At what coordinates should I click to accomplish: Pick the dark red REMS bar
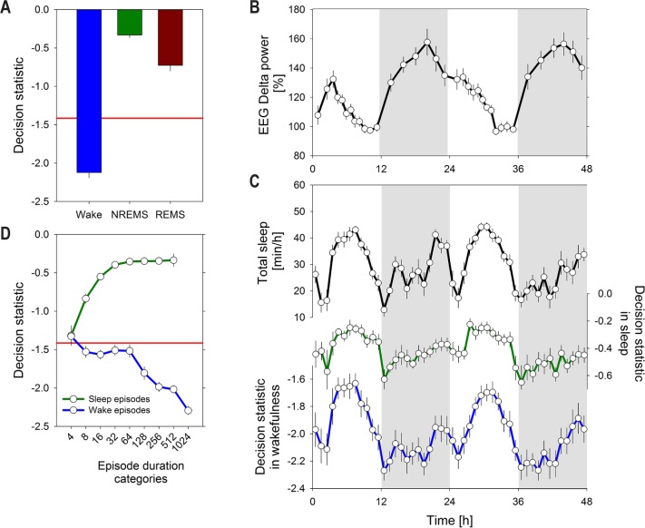coord(177,37)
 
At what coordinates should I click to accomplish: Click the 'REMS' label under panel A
coord(177,220)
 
